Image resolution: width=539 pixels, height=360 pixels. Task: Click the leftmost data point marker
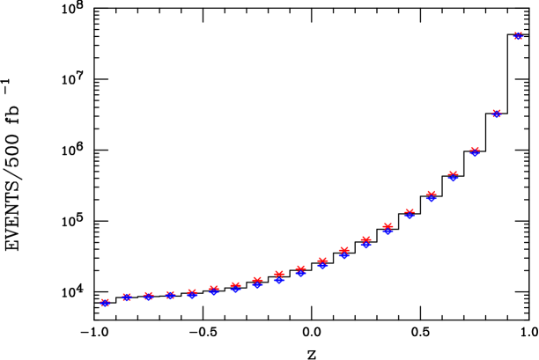(105, 303)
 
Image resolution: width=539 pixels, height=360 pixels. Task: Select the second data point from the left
(127, 298)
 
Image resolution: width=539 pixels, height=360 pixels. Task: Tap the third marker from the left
(149, 297)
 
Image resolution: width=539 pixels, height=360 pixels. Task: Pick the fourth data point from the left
(170, 295)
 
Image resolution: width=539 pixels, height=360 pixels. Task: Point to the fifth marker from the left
(192, 293)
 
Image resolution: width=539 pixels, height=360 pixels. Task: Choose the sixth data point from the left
(214, 290)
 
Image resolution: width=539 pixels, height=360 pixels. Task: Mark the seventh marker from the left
(235, 287)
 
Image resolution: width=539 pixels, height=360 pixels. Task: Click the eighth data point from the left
(257, 283)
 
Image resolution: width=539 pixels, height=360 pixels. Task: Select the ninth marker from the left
(279, 277)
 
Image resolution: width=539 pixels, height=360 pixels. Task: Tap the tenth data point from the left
(300, 271)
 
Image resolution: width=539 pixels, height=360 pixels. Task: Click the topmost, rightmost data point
(518, 36)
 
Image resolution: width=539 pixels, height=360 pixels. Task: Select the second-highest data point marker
(497, 114)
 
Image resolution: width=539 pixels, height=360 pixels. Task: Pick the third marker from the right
(475, 151)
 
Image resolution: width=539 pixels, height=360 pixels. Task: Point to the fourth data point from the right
(453, 176)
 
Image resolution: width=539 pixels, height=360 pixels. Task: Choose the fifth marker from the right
(431, 196)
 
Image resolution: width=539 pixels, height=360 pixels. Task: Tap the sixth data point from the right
(410, 214)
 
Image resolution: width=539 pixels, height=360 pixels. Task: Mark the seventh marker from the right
(388, 229)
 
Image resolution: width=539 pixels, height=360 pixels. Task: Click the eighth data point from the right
(365, 242)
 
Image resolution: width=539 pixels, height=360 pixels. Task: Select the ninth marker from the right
(344, 253)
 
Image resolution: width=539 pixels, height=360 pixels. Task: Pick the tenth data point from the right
(322, 262)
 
